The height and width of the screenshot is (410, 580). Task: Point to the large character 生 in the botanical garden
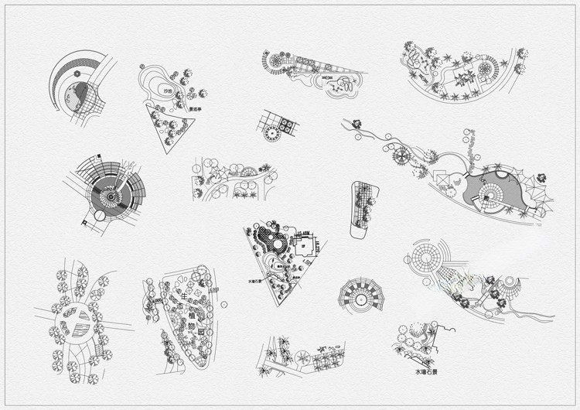(184, 296)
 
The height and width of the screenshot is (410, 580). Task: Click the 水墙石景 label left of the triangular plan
(258, 282)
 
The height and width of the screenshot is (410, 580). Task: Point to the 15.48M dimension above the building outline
(305, 233)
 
